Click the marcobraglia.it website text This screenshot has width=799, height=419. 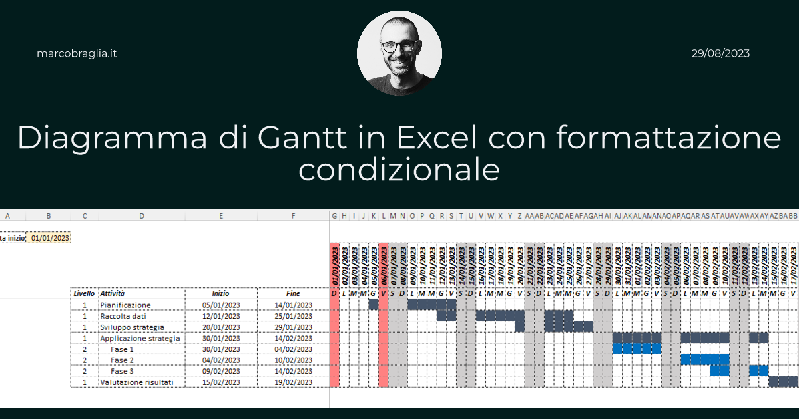click(77, 53)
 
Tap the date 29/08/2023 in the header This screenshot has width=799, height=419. click(720, 53)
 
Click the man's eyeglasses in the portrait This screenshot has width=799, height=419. click(400, 46)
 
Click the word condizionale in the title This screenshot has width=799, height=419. click(399, 169)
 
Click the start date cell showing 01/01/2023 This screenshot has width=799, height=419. click(50, 237)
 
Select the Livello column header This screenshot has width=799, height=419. click(84, 293)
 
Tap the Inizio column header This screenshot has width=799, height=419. click(220, 293)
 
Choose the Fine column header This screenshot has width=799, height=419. click(293, 293)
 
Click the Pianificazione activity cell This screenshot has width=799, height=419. click(126, 305)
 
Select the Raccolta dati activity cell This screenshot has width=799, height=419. click(123, 316)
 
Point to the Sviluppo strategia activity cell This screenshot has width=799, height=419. click(132, 327)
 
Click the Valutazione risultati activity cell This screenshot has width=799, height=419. click(138, 382)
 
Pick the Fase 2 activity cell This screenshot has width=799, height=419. click(123, 360)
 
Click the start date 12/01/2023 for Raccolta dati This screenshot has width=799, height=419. click(220, 316)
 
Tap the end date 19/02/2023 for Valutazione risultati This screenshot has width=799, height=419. click(293, 382)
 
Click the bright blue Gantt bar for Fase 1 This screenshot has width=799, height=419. click(637, 349)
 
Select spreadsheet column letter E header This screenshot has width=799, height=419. click(220, 215)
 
